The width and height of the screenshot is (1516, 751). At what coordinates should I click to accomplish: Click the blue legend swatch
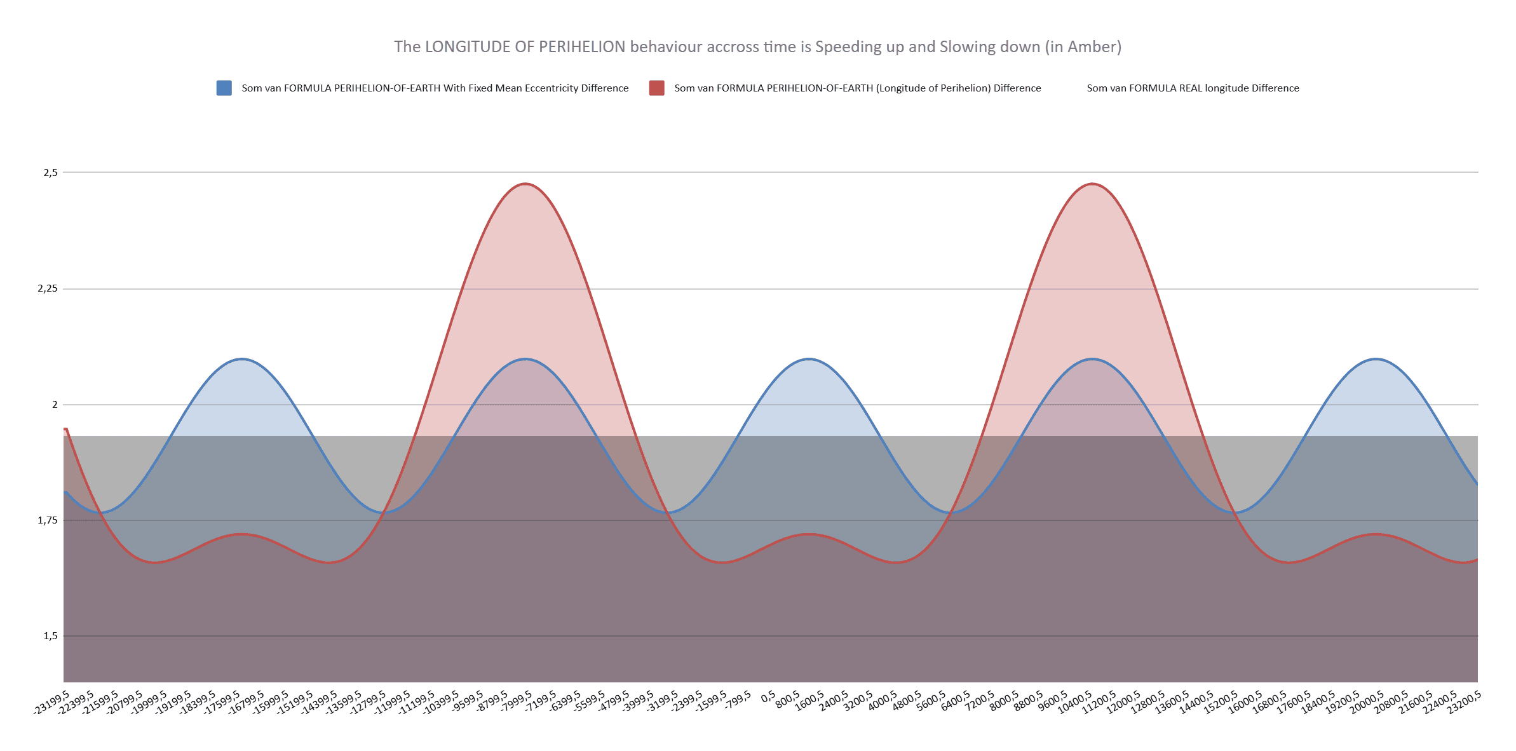[x=224, y=88]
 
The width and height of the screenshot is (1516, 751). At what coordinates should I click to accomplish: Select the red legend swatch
[x=656, y=88]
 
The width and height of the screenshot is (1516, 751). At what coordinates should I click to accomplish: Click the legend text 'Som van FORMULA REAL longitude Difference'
[x=1193, y=88]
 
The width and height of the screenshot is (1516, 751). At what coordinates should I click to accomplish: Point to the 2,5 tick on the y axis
[x=50, y=173]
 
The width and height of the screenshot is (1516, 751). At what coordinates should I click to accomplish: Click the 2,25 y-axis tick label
[x=48, y=288]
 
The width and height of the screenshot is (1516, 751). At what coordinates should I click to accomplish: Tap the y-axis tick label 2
[x=55, y=405]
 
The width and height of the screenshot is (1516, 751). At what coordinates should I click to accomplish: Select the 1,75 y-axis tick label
[x=48, y=520]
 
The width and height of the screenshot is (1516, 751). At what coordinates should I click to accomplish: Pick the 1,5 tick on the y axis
[x=50, y=636]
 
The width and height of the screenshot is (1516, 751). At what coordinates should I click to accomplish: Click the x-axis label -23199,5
[x=51, y=703]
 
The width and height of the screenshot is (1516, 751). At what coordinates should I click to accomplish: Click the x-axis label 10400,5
[x=1074, y=703]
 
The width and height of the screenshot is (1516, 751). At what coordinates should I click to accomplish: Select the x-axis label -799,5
[x=738, y=701]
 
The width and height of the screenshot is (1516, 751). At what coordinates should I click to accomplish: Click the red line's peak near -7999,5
[x=525, y=184]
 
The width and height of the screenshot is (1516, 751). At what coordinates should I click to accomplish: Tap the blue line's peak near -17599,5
[x=241, y=359]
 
